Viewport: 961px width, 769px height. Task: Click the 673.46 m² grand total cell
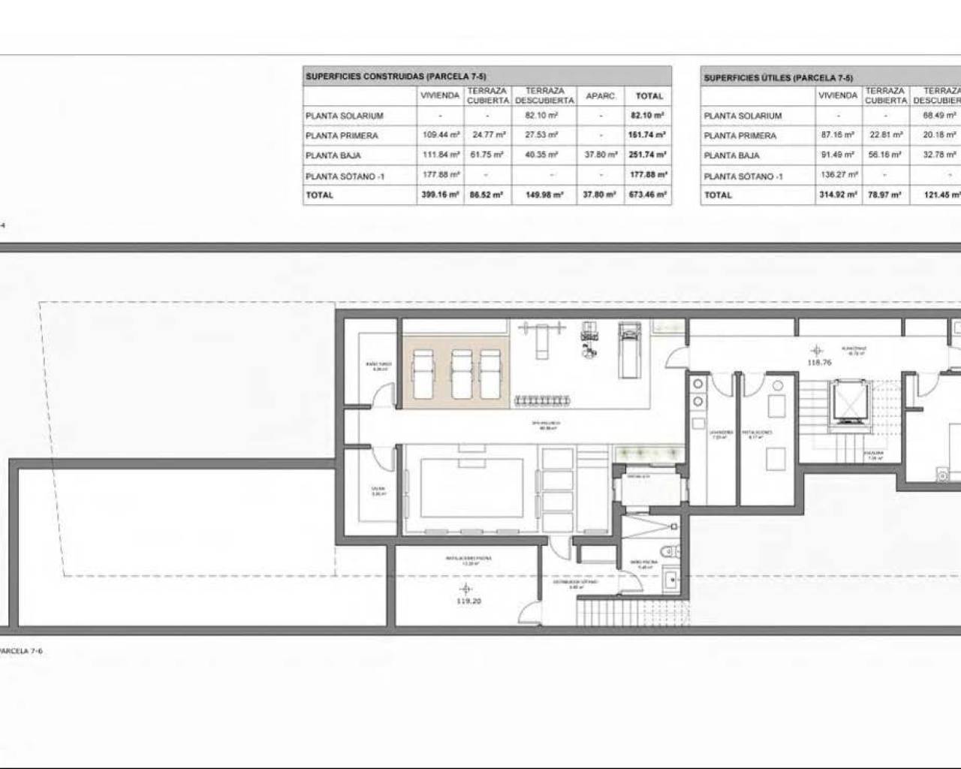[x=649, y=195]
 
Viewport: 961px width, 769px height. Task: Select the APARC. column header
[x=601, y=96]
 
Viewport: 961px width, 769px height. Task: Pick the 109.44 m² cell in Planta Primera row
[x=440, y=135]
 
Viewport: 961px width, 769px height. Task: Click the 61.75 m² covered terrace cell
[x=487, y=155]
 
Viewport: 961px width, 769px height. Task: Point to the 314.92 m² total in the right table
[x=837, y=195]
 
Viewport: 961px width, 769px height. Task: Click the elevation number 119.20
[x=468, y=601]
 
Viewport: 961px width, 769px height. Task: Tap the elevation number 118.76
[x=819, y=362]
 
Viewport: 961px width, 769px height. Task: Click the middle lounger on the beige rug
[x=460, y=372]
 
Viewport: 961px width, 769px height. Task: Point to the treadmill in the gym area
[x=627, y=351]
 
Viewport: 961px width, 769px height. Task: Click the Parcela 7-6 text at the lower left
[x=21, y=651]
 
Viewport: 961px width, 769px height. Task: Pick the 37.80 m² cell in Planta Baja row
[x=601, y=155]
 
